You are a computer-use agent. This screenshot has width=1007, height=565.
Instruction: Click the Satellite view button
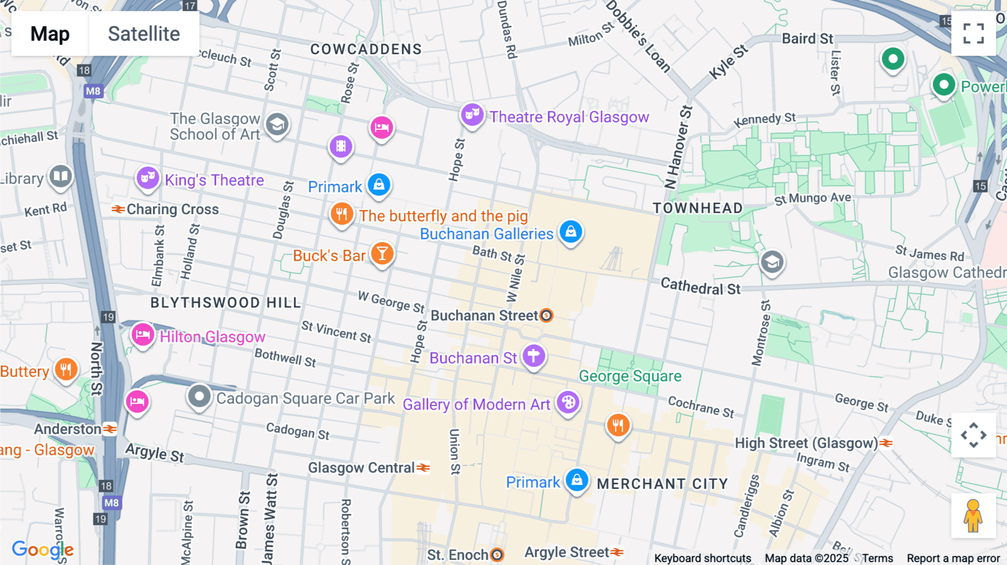144,34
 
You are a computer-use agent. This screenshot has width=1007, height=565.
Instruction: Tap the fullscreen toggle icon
973,33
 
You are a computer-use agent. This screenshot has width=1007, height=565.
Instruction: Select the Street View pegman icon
973,516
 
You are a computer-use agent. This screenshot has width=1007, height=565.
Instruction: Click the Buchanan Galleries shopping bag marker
571,232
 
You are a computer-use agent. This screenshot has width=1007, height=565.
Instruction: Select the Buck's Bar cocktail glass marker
382,254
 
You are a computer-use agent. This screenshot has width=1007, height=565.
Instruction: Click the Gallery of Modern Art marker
568,403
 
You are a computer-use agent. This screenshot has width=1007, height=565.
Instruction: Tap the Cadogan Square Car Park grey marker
199,397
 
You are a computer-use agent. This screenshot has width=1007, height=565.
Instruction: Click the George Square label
630,376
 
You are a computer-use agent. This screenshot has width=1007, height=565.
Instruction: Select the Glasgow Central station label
361,468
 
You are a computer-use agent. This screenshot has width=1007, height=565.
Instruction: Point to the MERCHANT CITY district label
662,484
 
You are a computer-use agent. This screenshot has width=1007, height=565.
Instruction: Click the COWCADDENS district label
366,49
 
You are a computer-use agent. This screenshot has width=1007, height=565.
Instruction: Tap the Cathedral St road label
700,286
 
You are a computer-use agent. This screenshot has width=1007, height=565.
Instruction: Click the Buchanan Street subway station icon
547,316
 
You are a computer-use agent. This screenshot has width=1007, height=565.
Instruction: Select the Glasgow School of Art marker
277,125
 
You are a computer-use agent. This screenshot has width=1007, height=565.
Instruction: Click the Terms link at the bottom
877,558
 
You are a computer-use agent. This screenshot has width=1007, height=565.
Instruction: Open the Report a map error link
953,558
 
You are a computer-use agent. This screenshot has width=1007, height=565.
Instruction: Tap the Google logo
43,549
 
